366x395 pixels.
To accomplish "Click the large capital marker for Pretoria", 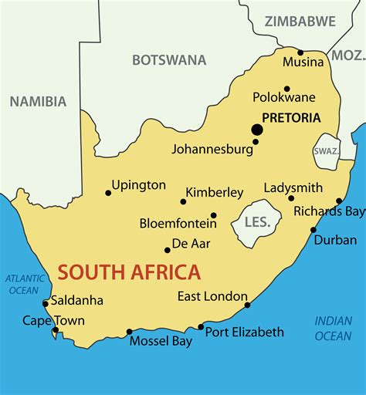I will click(x=256, y=130).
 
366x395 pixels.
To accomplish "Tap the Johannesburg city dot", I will click(x=256, y=141).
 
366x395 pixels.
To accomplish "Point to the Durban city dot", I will click(x=313, y=230).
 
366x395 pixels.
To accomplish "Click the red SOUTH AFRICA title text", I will click(x=129, y=272).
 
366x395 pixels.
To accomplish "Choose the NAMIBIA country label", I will click(x=38, y=101).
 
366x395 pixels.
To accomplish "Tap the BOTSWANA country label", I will click(x=169, y=59).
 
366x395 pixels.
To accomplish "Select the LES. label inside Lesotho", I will click(x=256, y=222).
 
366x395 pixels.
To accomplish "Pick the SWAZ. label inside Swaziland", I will click(x=326, y=151).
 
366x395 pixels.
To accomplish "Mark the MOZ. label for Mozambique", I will click(x=347, y=55).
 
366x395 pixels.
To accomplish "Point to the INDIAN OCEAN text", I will click(x=333, y=327).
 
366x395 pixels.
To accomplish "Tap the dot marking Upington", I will click(x=108, y=193).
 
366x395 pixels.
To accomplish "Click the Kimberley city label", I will click(x=215, y=192).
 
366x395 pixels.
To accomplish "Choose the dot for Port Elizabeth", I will click(x=201, y=327).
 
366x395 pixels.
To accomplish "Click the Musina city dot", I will click(x=300, y=52).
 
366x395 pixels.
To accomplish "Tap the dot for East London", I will click(x=248, y=305).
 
